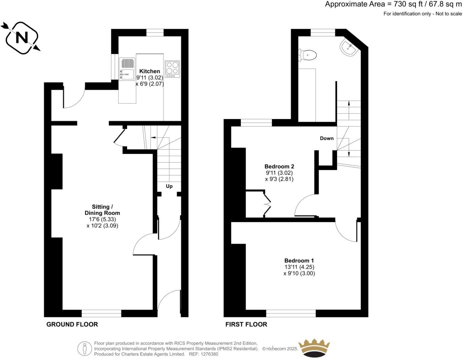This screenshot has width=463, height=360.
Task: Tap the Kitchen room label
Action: coord(149,71)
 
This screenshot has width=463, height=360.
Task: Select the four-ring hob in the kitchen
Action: coord(172,69)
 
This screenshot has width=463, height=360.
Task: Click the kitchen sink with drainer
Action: coord(127,68)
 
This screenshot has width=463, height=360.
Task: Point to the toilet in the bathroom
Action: coord(308,55)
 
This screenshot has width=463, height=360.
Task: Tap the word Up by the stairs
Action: coord(169,186)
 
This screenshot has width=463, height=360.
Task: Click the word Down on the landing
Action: coord(327,138)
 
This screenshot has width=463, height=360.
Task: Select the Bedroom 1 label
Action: coord(299,260)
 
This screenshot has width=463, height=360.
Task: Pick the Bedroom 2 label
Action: coord(279,166)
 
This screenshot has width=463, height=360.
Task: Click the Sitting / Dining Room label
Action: coord(102,210)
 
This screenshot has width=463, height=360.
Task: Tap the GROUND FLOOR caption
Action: coord(72,324)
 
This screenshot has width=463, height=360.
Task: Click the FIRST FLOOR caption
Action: coord(246,324)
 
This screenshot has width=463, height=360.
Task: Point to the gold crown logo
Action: coord(314,348)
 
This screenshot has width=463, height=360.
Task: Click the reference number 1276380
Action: coord(208,354)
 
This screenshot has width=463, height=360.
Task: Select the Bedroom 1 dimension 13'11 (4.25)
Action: coord(299,267)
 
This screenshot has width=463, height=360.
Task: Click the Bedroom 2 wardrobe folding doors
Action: coord(267,204)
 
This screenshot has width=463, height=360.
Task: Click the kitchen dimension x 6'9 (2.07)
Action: coord(149,84)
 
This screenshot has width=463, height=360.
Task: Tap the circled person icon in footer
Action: coord(85,348)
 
